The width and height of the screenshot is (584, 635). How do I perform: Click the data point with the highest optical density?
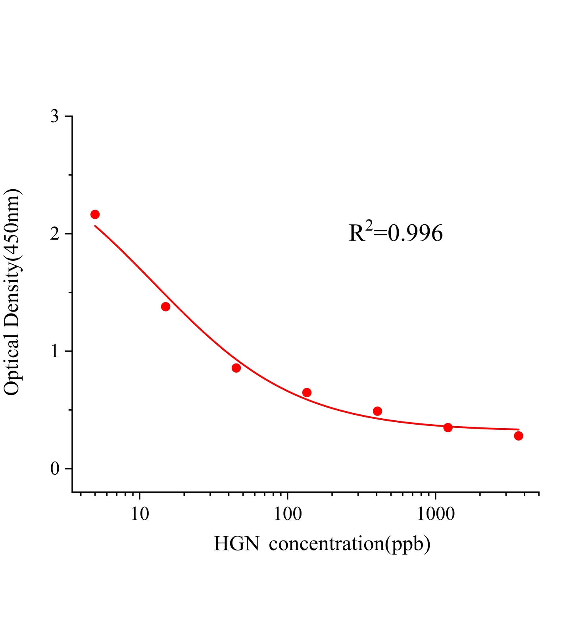[95, 214]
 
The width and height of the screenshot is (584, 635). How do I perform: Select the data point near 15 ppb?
[165, 306]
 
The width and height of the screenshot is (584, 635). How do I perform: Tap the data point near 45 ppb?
[236, 368]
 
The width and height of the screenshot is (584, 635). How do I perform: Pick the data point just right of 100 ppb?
[307, 393]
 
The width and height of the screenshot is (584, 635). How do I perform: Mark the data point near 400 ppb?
[377, 411]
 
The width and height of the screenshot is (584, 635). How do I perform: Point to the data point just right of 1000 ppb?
[448, 427]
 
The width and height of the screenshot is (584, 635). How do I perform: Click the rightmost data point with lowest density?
[519, 436]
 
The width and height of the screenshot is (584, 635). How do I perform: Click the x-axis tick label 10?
[139, 514]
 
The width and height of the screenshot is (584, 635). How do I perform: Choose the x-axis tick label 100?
[287, 514]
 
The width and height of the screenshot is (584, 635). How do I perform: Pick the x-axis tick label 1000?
[436, 514]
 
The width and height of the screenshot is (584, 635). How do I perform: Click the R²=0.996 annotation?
[396, 233]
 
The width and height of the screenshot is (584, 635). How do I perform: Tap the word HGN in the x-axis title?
[237, 544]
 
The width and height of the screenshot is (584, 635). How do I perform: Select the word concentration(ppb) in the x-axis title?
[350, 544]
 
